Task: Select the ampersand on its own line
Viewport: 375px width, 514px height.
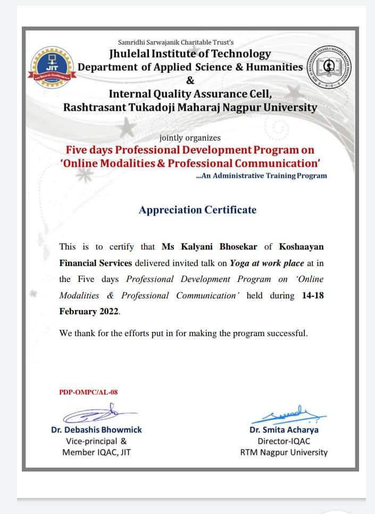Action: click(190, 81)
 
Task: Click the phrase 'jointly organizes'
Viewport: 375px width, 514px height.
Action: click(190, 138)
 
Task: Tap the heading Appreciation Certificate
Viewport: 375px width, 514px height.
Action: click(197, 210)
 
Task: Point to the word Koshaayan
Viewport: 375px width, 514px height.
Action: click(301, 247)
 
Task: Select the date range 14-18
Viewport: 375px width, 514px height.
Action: click(312, 295)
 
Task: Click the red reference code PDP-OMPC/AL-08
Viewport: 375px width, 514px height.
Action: click(88, 392)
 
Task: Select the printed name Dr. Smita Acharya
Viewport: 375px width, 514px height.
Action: click(284, 430)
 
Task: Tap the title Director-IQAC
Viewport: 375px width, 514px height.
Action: click(284, 441)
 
